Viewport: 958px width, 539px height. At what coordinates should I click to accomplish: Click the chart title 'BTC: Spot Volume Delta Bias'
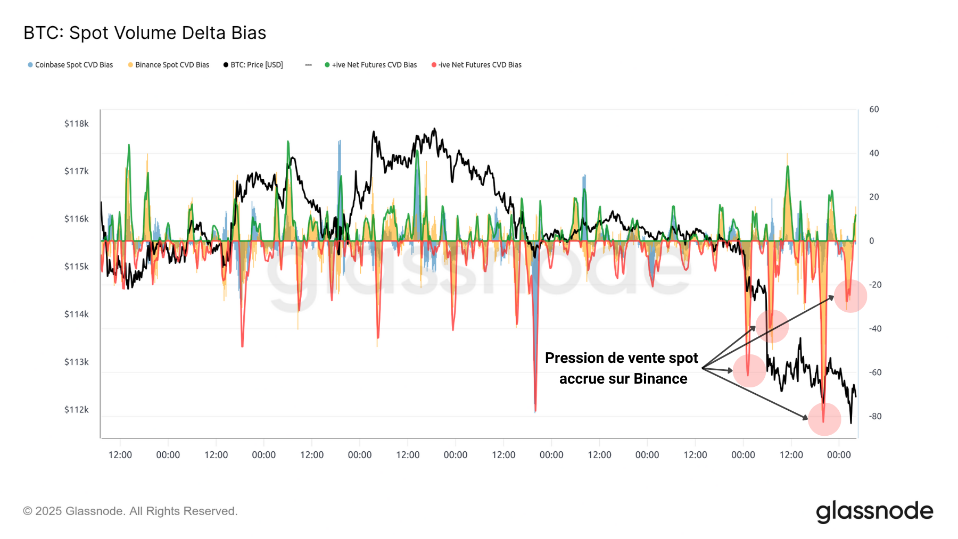tap(145, 33)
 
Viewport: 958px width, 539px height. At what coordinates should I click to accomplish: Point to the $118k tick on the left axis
tap(76, 123)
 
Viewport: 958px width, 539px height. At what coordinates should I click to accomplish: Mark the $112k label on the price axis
tap(76, 409)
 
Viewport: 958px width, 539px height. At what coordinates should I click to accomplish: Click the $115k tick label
tap(76, 266)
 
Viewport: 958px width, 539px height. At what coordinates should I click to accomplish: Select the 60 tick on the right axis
tap(874, 109)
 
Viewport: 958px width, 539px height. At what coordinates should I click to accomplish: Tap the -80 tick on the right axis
tap(875, 416)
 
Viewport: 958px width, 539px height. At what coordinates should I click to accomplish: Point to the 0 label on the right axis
tap(871, 241)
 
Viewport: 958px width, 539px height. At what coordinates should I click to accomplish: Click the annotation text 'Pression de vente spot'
tap(621, 358)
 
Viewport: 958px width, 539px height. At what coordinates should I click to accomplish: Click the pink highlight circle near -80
tap(824, 419)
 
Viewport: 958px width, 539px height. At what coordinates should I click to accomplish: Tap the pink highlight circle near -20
tap(850, 296)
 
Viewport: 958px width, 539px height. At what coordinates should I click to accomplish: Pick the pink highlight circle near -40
tap(772, 326)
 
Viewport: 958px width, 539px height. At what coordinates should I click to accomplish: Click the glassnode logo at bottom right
tap(874, 511)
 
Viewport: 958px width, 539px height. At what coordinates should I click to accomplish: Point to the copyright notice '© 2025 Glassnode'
tap(130, 511)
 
